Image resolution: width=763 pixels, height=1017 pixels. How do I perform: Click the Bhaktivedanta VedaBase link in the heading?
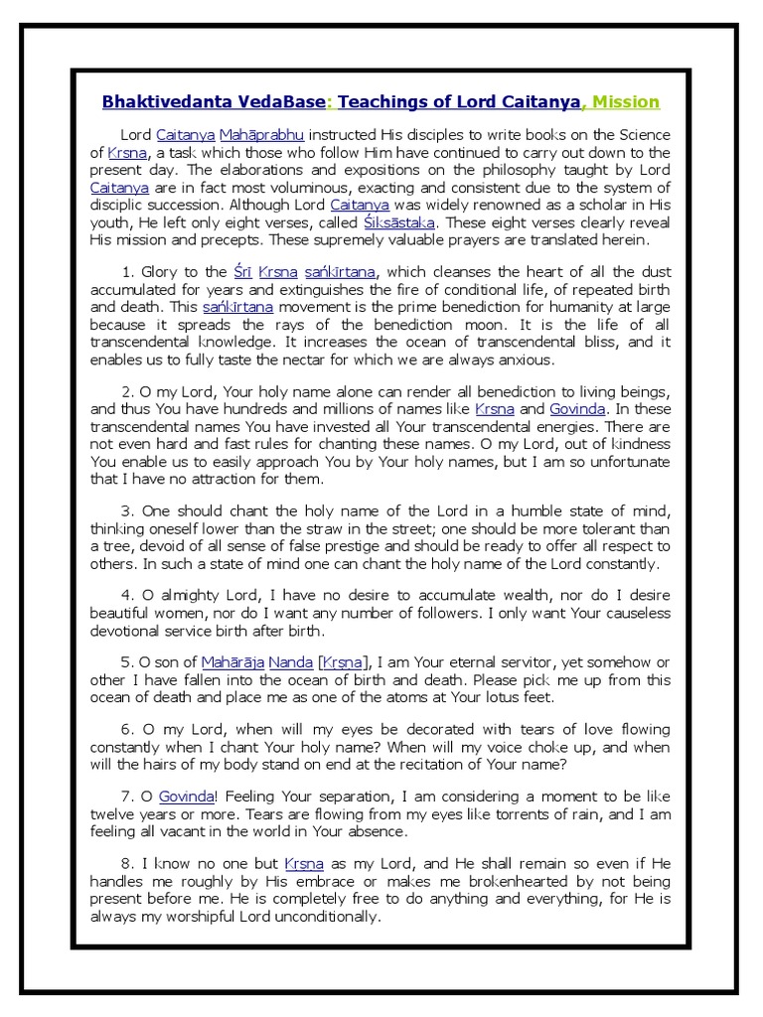(x=214, y=102)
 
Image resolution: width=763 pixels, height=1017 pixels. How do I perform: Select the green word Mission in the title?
(x=626, y=102)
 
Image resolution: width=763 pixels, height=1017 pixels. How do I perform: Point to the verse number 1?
(x=127, y=271)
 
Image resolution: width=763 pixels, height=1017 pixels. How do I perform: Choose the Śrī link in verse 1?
(x=242, y=271)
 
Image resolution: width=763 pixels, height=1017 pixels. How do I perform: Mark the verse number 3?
(x=127, y=510)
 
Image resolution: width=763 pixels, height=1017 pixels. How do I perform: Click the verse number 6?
(x=127, y=729)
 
